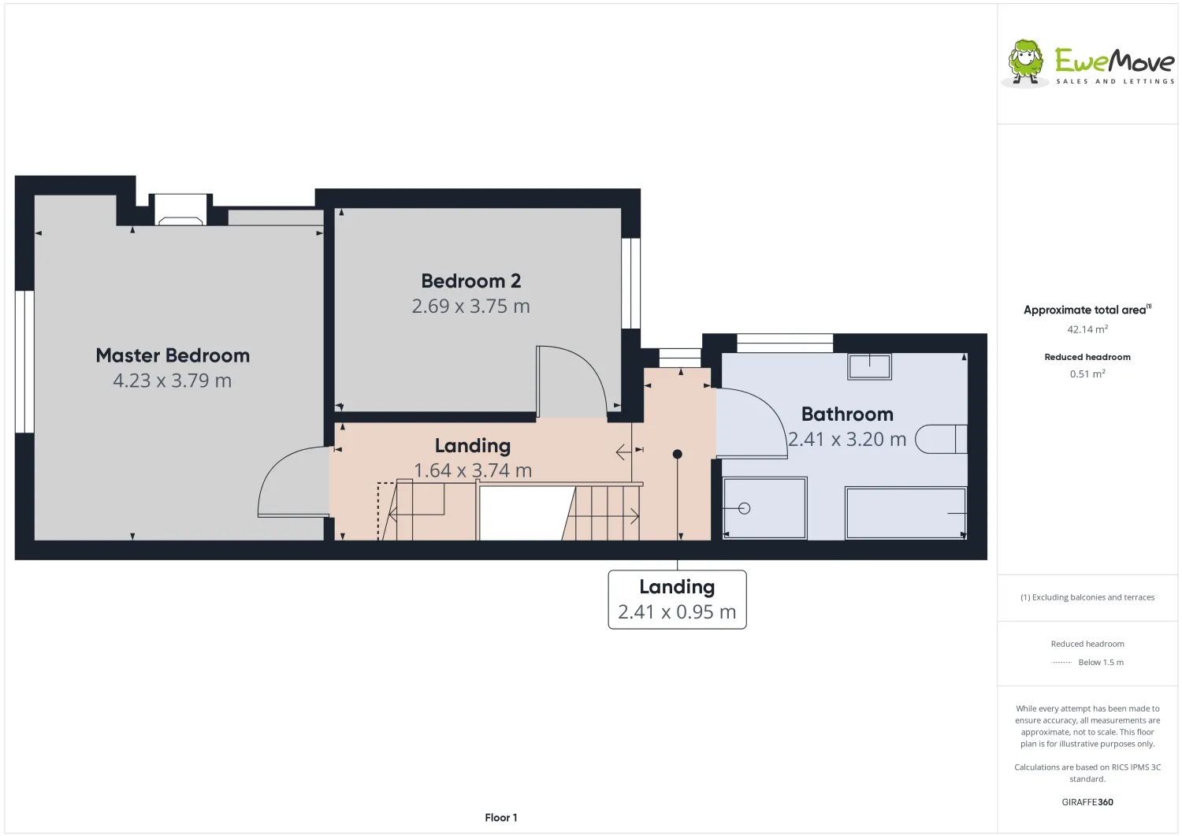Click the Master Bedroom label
tap(173, 355)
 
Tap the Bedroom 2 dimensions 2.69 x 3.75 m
tap(470, 306)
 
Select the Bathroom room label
tap(847, 414)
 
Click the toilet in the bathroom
tap(941, 439)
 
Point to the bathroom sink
tap(869, 366)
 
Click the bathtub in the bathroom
tap(905, 513)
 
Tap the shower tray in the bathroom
tap(764, 508)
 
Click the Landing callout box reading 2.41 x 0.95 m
tap(677, 600)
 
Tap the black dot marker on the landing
tap(678, 454)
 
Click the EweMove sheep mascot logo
tap(1024, 62)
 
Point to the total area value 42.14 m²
tap(1087, 329)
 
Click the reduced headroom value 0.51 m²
tap(1087, 373)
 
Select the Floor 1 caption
tap(500, 818)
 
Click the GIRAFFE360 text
tap(1087, 801)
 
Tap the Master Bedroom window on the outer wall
tap(24, 362)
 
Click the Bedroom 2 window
tap(630, 284)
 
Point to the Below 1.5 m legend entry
tap(1101, 662)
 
